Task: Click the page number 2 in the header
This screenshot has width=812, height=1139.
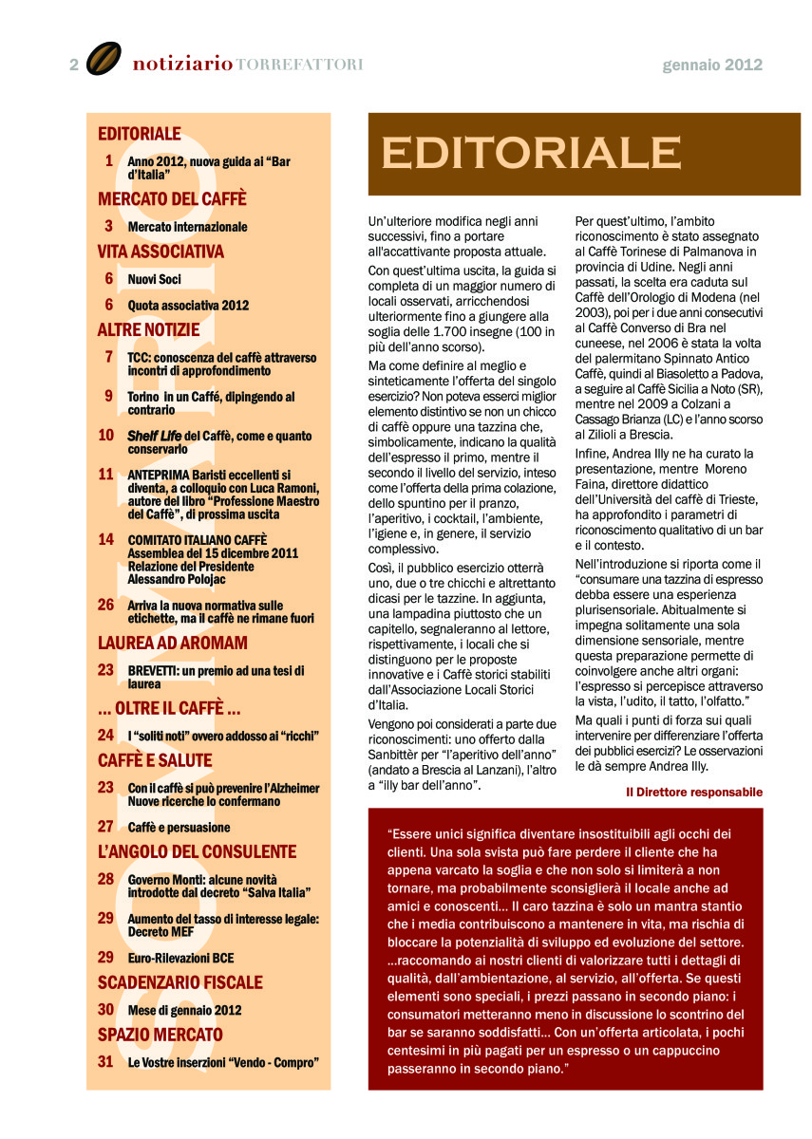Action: point(74,65)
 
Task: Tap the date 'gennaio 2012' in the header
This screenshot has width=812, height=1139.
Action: point(712,65)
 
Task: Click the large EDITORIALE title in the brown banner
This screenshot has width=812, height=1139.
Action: point(532,152)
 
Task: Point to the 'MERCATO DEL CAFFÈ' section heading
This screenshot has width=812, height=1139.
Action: point(172,199)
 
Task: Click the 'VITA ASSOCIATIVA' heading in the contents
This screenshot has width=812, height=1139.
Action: point(161,252)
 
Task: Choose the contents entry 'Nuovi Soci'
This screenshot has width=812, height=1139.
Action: point(154,279)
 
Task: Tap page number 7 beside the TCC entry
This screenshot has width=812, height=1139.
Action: point(109,357)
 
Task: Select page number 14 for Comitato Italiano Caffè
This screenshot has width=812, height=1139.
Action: point(106,539)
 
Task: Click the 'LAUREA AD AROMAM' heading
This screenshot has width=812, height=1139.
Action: point(173,644)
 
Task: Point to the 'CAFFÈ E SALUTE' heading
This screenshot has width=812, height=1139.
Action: point(155,761)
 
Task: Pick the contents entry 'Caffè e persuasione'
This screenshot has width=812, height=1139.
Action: point(179,827)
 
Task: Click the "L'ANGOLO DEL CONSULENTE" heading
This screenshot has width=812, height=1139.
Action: point(197,852)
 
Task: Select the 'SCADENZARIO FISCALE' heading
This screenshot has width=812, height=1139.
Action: point(179,983)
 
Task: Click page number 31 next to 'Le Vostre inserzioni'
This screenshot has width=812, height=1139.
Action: point(106,1061)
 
